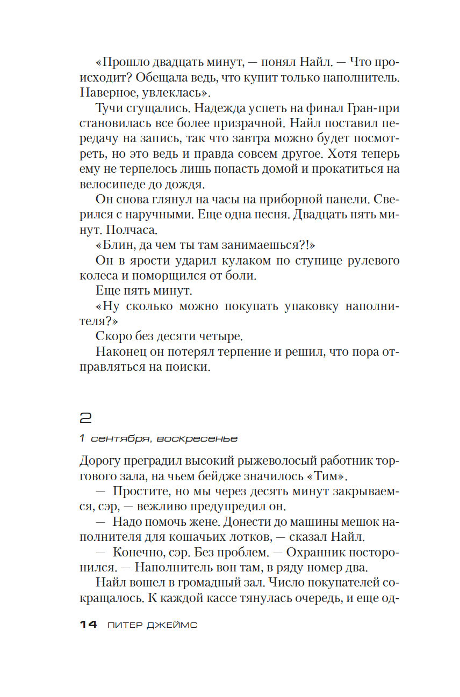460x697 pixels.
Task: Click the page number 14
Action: point(88,625)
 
